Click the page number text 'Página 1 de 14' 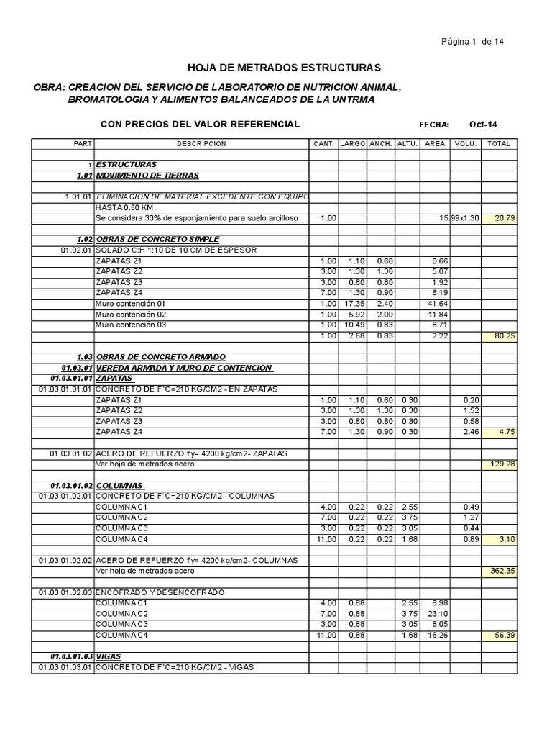coord(472,42)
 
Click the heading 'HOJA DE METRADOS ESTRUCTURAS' coord(285,68)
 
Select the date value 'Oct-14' coord(482,125)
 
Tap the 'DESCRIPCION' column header coord(201,144)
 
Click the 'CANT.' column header coord(323,144)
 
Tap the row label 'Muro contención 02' coord(130,315)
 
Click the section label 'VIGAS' coord(107,656)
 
